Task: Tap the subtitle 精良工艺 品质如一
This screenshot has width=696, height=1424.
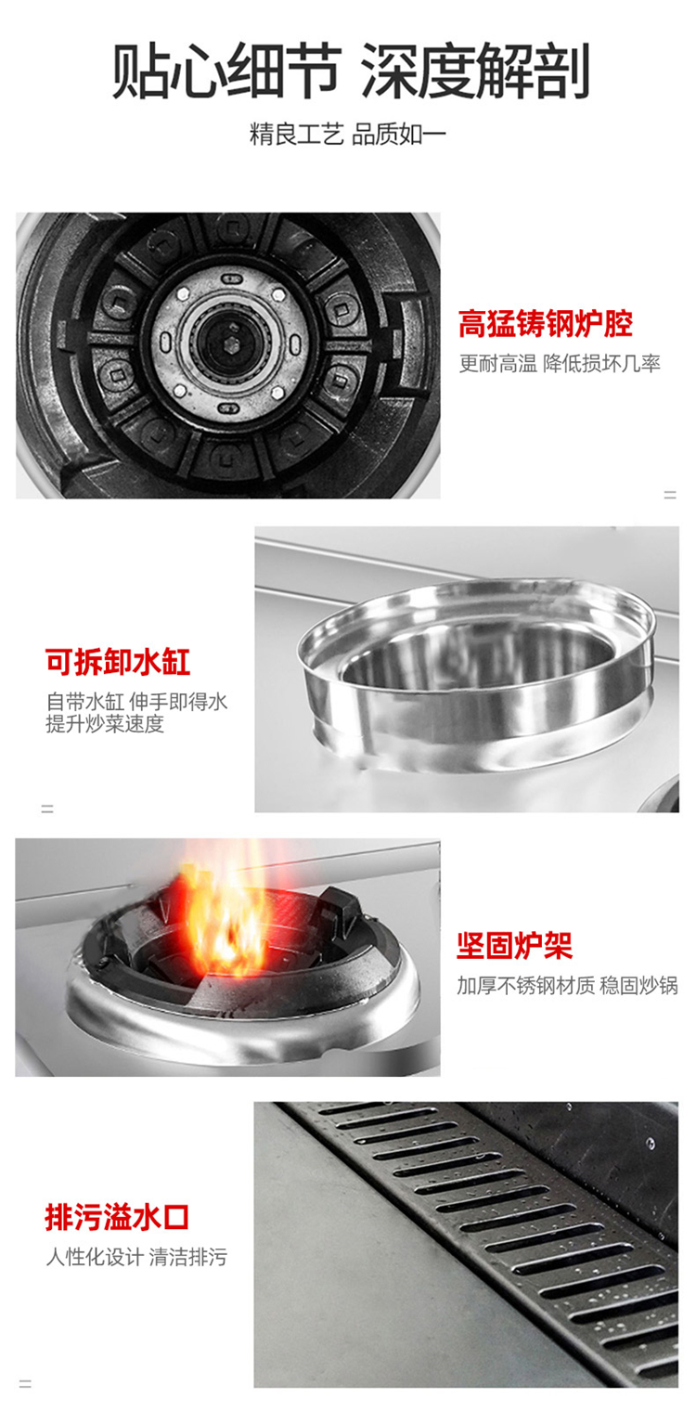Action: pyautogui.click(x=348, y=134)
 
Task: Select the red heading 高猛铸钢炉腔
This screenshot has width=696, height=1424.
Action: pyautogui.click(x=546, y=324)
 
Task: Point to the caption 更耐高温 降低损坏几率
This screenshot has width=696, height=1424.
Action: pyautogui.click(x=560, y=364)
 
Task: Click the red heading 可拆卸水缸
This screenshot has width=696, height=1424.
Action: pyautogui.click(x=118, y=661)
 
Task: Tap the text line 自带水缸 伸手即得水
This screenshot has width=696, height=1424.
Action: pyautogui.click(x=136, y=702)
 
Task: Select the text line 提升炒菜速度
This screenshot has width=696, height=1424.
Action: pyautogui.click(x=105, y=723)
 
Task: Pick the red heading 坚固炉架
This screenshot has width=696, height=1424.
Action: pyautogui.click(x=514, y=945)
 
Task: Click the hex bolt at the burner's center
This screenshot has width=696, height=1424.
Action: pyautogui.click(x=231, y=344)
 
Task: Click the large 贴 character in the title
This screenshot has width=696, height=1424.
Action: pyautogui.click(x=140, y=71)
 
